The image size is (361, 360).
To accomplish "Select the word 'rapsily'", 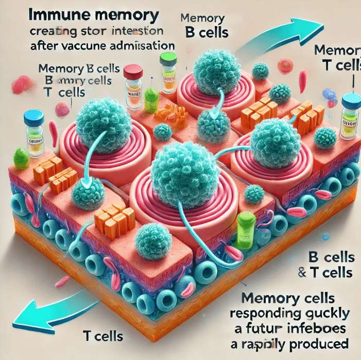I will point(272,342).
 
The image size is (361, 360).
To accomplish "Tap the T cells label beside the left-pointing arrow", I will point(103,337).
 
